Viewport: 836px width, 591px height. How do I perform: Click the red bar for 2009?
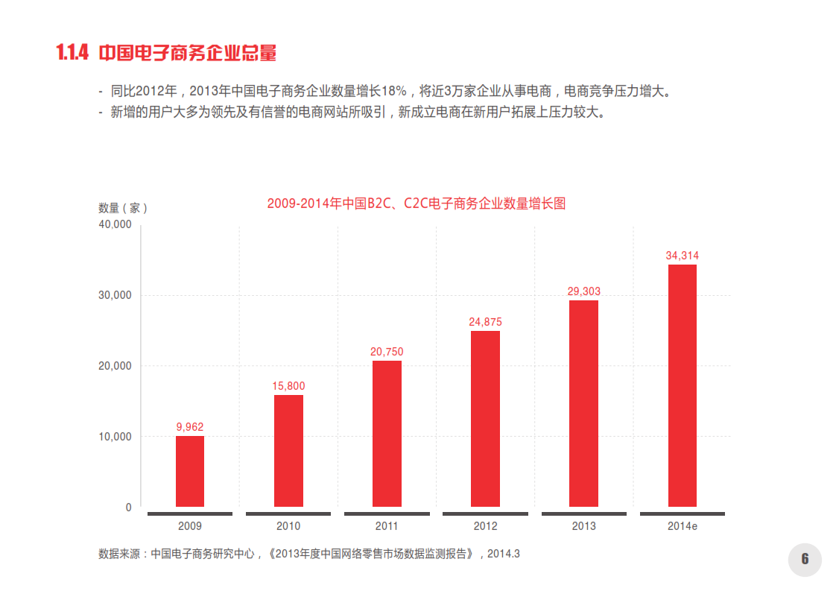pos(190,471)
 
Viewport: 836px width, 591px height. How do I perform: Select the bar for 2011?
pos(387,434)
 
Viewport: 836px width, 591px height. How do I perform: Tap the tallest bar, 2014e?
pos(682,385)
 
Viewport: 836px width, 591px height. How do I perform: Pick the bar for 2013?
pos(583,403)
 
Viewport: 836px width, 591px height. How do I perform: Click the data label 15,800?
pos(288,386)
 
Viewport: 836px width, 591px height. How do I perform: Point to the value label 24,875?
pos(485,322)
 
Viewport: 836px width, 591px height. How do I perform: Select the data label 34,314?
pos(682,256)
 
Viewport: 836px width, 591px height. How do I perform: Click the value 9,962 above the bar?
pos(190,427)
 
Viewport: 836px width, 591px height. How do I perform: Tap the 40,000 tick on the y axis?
pos(115,224)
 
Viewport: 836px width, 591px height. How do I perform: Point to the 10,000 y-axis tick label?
pos(115,437)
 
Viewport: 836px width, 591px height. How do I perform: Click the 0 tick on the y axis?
pos(128,508)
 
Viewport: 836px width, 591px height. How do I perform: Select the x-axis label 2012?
pos(485,526)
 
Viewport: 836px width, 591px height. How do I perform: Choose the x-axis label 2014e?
pos(682,526)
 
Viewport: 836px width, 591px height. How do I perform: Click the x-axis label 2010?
pos(288,526)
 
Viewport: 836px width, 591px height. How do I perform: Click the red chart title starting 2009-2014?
pos(416,203)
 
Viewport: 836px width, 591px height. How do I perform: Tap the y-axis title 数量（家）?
pos(123,208)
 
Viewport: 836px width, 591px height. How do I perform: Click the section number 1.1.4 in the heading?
pos(72,53)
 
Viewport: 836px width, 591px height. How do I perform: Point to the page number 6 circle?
pos(805,559)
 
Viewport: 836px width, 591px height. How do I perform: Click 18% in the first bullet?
pos(393,92)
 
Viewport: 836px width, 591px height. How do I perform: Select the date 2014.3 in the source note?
pos(504,554)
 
